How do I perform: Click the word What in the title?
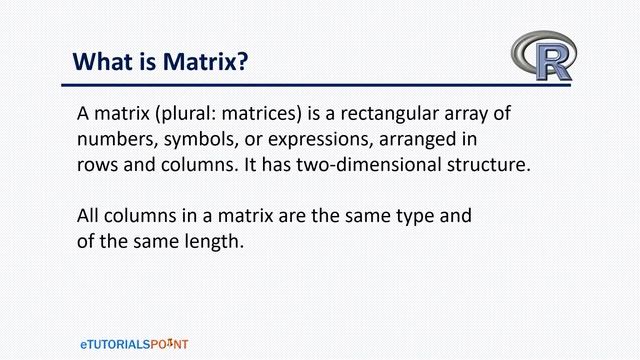[103, 62]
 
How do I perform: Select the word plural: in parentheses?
[195, 114]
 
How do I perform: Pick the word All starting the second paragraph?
[90, 216]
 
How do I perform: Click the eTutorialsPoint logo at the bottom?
[134, 343]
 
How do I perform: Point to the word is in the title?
[149, 62]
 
